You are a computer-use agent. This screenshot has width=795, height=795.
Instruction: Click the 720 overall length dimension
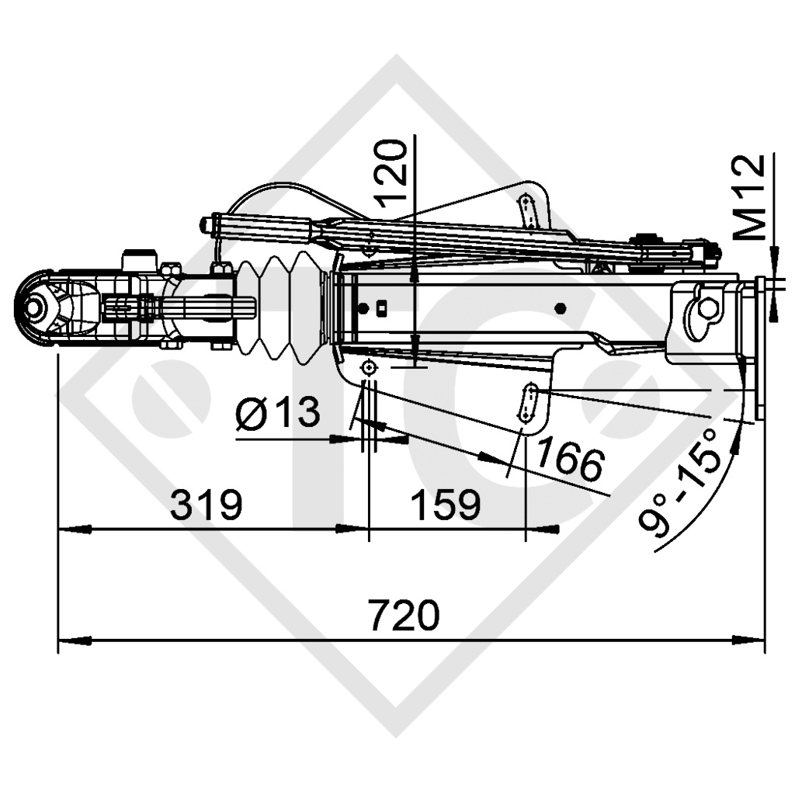(x=404, y=616)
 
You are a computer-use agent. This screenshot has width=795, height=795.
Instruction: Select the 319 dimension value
(x=207, y=506)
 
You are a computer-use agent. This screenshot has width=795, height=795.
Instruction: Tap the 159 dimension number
(x=445, y=506)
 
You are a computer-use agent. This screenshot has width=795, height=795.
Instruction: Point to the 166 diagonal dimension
(x=569, y=460)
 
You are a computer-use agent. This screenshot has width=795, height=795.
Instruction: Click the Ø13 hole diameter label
(x=278, y=412)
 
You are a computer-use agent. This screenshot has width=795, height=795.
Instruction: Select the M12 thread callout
(x=750, y=196)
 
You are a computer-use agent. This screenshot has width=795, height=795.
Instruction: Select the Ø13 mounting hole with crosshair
(x=369, y=367)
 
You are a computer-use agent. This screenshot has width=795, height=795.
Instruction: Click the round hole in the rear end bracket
(x=707, y=307)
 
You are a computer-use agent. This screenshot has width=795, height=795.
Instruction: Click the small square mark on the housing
(x=382, y=309)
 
